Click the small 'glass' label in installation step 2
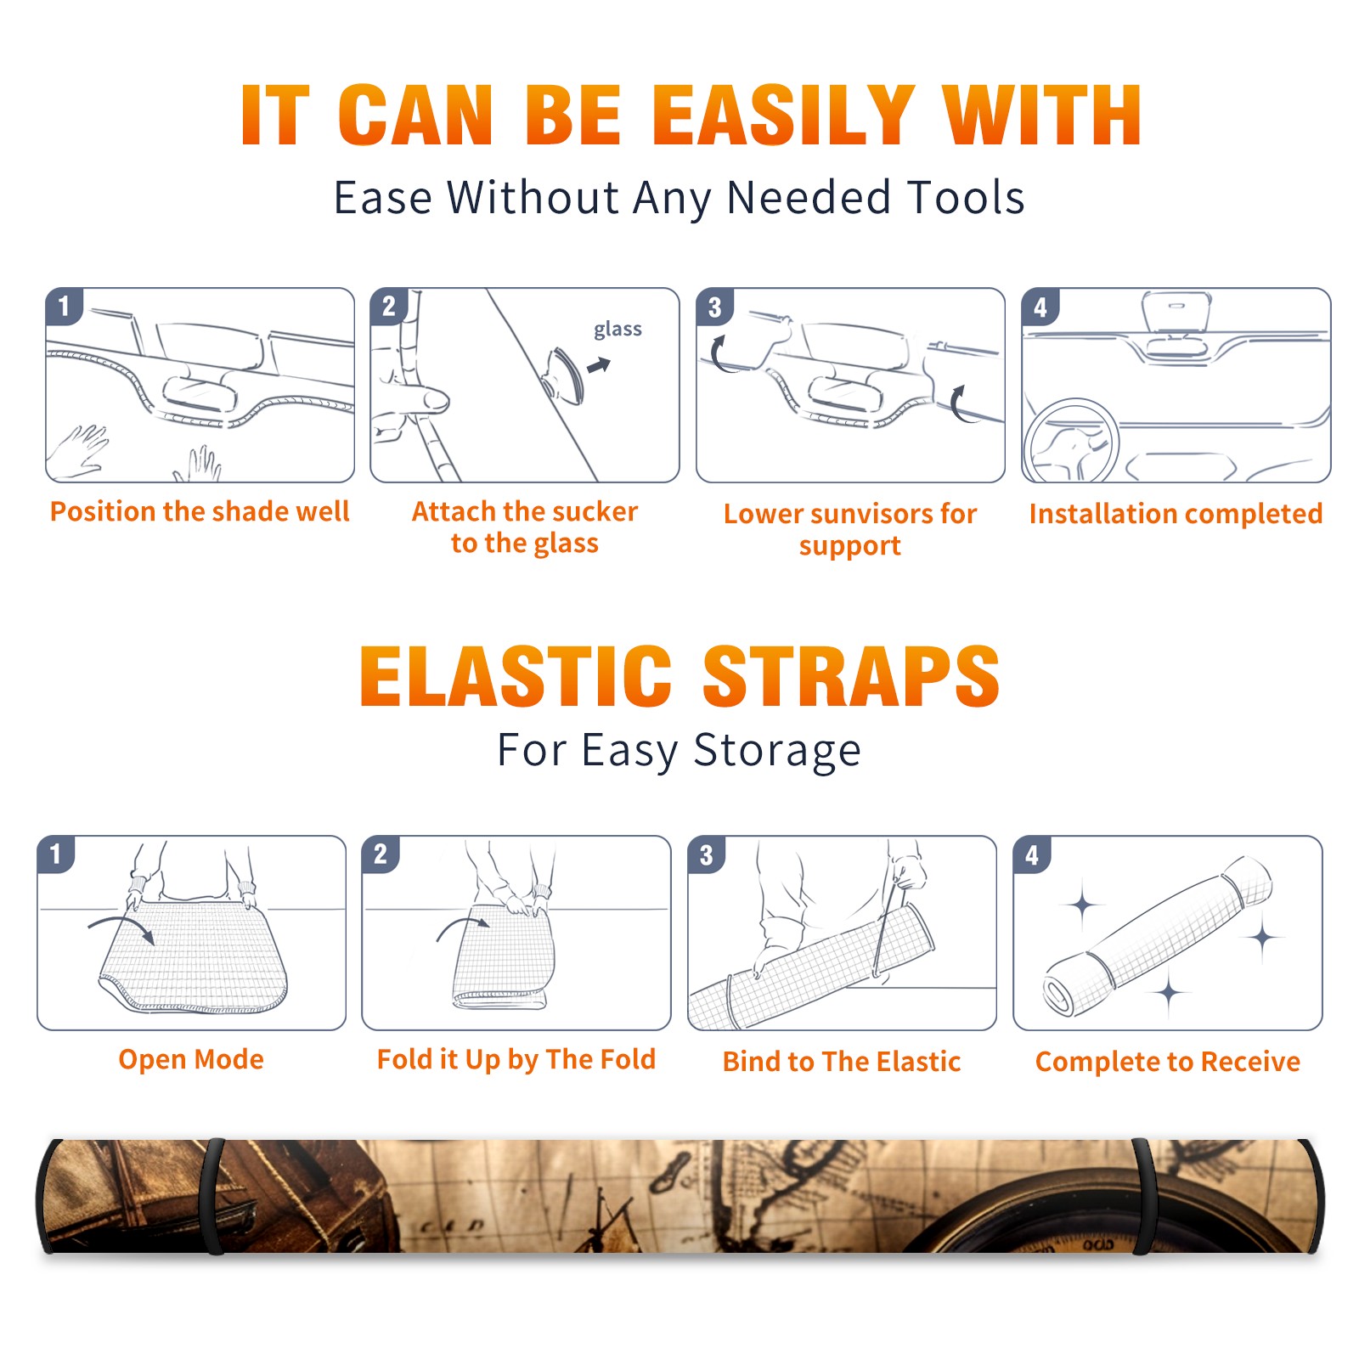617,330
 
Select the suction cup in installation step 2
563,375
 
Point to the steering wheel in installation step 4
1070,442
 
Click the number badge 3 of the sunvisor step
715,307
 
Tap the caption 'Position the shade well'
200,511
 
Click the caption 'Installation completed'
1176,513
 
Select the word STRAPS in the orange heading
851,676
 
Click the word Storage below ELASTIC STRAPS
777,751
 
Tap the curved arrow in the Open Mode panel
121,928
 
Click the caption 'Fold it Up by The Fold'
516,1059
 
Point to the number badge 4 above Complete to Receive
1032,854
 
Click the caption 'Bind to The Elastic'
842,1062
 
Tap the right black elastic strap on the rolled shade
1144,1196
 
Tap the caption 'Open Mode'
191,1059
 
